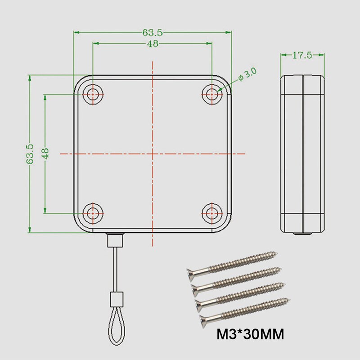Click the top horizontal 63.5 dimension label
(x=153, y=32)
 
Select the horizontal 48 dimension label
(x=153, y=43)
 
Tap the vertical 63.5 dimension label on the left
(x=30, y=154)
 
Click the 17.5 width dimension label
(x=302, y=55)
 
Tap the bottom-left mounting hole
(x=93, y=213)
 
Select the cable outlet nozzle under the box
(x=116, y=240)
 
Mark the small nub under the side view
(x=302, y=234)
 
